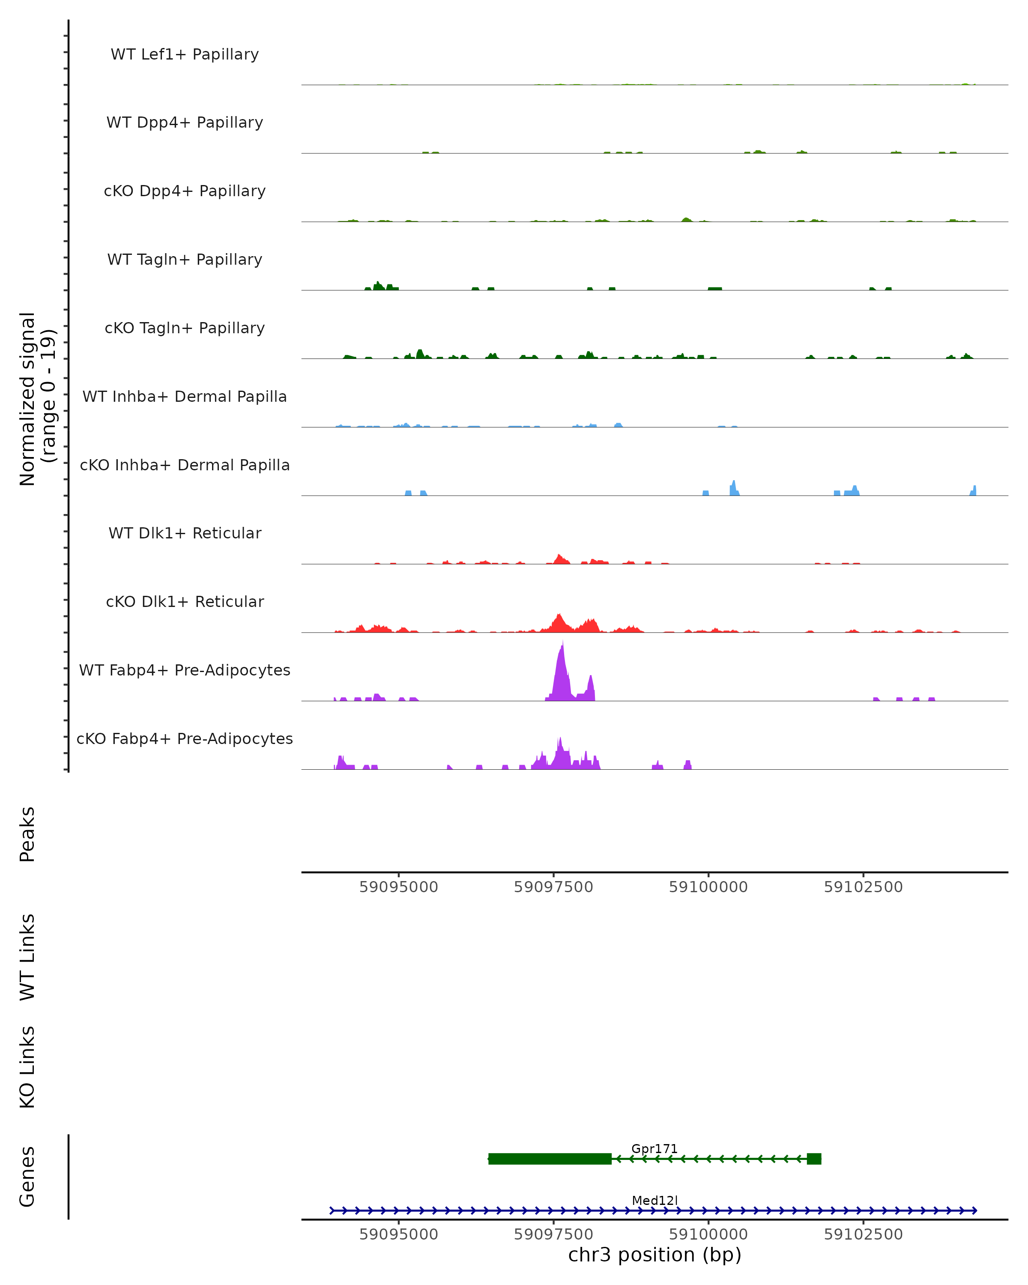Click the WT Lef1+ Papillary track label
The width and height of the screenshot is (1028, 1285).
(x=185, y=54)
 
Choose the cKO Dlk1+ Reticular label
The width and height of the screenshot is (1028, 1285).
(x=185, y=601)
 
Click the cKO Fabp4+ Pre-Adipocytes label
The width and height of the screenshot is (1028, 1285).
(x=185, y=738)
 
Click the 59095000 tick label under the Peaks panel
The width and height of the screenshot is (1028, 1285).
(x=399, y=887)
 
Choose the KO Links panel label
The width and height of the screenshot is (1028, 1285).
(x=27, y=1067)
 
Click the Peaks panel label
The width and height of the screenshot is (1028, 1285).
(x=27, y=834)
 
